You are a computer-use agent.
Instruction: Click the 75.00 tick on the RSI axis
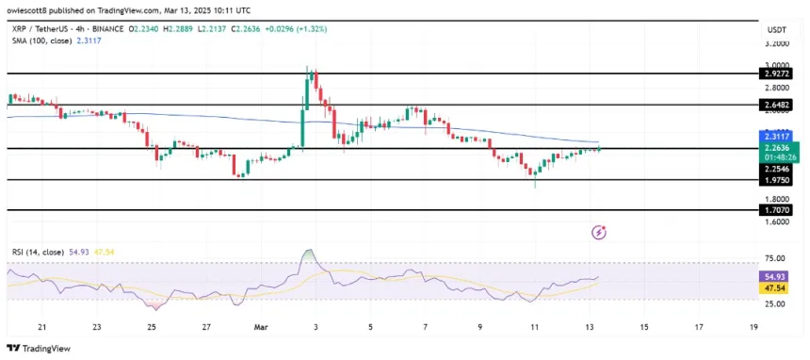coord(777,257)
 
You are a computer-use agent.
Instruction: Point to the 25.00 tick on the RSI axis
coord(777,303)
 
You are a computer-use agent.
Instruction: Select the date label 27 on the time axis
coord(205,327)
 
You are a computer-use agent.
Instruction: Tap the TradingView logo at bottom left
coord(38,348)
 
